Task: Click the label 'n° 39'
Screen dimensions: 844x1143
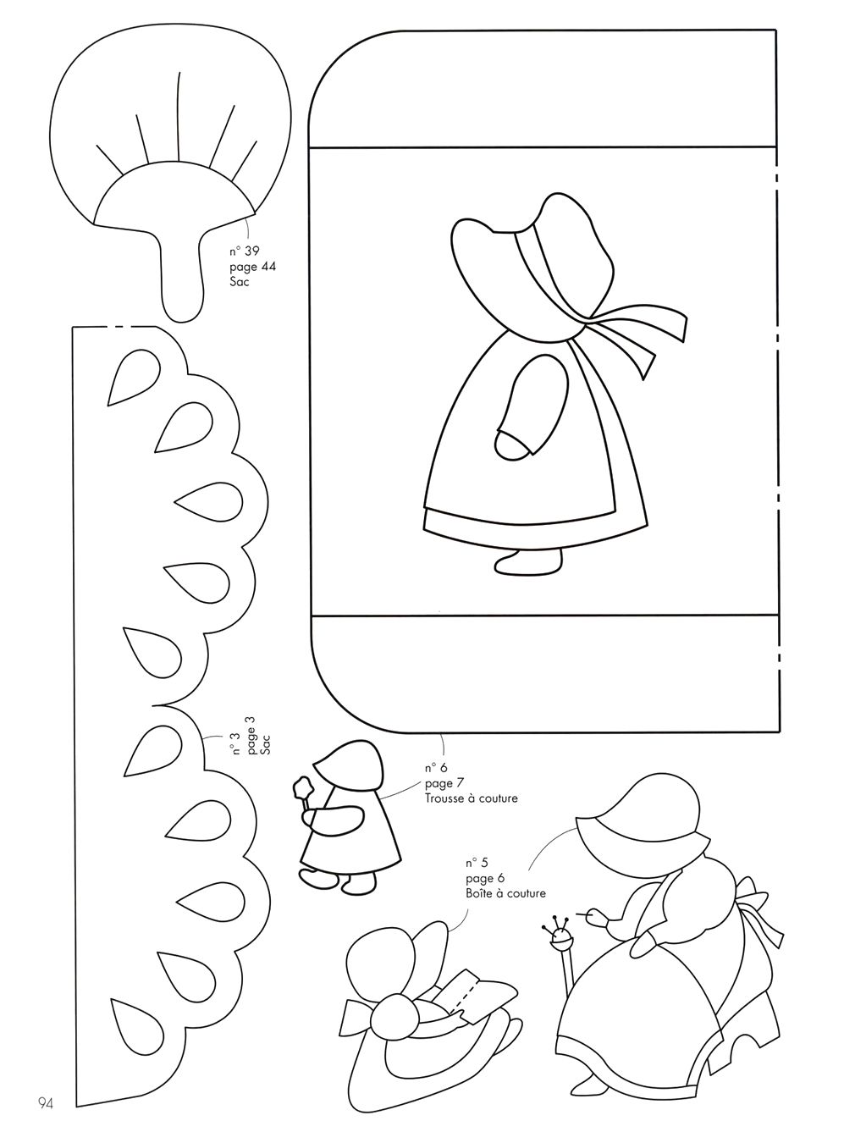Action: click(x=244, y=251)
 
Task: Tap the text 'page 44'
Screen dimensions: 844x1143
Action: click(x=252, y=267)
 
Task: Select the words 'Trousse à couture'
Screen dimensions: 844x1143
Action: click(x=471, y=798)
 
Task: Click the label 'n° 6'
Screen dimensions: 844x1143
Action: click(x=436, y=768)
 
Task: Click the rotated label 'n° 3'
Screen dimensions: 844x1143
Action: click(x=236, y=744)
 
